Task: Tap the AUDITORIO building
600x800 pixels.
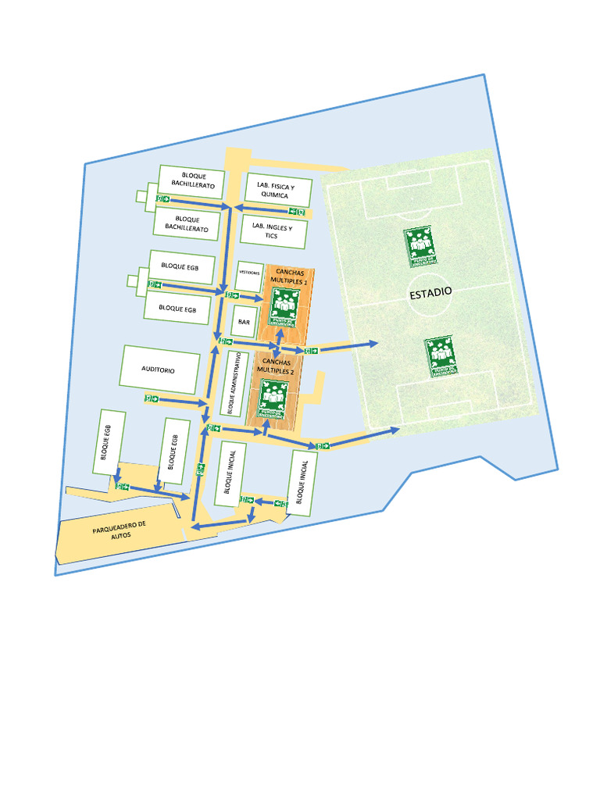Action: pyautogui.click(x=159, y=369)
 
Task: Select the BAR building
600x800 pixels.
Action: pyautogui.click(x=245, y=321)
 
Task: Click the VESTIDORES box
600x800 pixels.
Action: pyautogui.click(x=248, y=273)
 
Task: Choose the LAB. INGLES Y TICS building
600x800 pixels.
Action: pyautogui.click(x=273, y=231)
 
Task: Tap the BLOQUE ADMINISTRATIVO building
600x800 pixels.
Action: pyautogui.click(x=232, y=383)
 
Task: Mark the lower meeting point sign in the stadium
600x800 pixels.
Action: pyautogui.click(x=441, y=356)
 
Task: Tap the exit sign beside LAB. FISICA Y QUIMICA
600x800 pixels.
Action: pyautogui.click(x=297, y=211)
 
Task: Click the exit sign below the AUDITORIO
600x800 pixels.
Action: pyautogui.click(x=151, y=398)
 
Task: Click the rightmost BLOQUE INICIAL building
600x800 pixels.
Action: pyautogui.click(x=302, y=482)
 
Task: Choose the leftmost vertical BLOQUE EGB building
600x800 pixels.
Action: pyautogui.click(x=107, y=441)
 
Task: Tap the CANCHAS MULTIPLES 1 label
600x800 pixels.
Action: pyautogui.click(x=289, y=276)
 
